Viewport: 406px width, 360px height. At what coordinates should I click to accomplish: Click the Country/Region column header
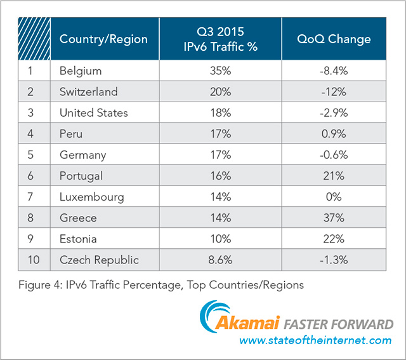[x=103, y=39]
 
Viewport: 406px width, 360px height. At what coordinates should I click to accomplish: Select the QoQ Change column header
[x=334, y=39]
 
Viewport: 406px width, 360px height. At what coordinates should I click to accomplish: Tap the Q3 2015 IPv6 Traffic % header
[x=220, y=39]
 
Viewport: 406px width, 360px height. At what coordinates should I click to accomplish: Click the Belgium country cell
[x=80, y=70]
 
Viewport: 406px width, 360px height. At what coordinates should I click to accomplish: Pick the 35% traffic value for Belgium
[x=220, y=70]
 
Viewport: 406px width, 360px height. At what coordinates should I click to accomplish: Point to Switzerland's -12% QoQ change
[x=334, y=91]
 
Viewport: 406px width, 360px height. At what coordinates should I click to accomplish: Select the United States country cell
[x=93, y=112]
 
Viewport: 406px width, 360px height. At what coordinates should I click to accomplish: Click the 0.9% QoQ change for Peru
[x=334, y=134]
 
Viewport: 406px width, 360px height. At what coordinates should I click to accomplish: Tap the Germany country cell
[x=82, y=155]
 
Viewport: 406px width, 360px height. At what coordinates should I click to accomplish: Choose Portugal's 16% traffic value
[x=220, y=176]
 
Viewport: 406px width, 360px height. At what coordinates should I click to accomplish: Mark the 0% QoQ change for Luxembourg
[x=334, y=197]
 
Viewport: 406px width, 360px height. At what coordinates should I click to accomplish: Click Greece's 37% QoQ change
[x=334, y=218]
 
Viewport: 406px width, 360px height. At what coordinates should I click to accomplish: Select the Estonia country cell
[x=79, y=239]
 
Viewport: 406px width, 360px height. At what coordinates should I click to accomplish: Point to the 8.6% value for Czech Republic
[x=220, y=260]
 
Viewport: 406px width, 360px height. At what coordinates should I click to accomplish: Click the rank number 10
[x=31, y=260]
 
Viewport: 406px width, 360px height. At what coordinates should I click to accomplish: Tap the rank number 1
[x=30, y=70]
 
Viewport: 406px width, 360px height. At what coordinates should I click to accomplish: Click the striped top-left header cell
[x=34, y=39]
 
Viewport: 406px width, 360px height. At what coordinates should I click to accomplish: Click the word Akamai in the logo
[x=249, y=324]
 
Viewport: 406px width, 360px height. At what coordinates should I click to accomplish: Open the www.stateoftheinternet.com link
[x=315, y=341]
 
